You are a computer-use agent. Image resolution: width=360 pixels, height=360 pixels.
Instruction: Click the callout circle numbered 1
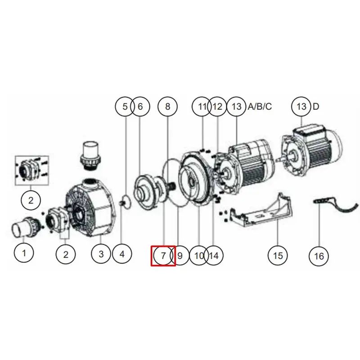click(x=24, y=253)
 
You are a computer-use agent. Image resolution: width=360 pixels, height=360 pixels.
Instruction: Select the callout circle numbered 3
click(x=101, y=254)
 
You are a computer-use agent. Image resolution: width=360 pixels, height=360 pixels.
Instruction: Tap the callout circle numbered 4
click(x=122, y=254)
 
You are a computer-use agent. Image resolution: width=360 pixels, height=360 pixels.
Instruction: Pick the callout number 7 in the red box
click(x=163, y=256)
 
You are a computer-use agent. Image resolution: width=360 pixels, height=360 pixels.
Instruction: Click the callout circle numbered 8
click(x=167, y=107)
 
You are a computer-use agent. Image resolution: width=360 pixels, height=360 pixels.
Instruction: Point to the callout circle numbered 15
click(x=278, y=256)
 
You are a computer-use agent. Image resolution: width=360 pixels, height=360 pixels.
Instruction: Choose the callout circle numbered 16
click(x=319, y=256)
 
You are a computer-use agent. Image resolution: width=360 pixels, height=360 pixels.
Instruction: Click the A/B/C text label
click(x=260, y=107)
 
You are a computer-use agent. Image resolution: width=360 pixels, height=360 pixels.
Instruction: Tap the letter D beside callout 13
click(x=316, y=107)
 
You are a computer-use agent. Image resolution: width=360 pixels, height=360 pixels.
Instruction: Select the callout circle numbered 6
click(x=140, y=107)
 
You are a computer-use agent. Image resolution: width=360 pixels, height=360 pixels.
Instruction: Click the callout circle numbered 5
click(x=125, y=107)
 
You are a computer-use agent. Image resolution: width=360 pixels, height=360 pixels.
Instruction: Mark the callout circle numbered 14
click(x=214, y=256)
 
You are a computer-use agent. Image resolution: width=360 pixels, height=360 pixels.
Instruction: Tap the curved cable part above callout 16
click(x=336, y=206)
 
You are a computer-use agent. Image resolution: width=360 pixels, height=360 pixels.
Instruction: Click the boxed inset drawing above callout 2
click(x=32, y=171)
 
